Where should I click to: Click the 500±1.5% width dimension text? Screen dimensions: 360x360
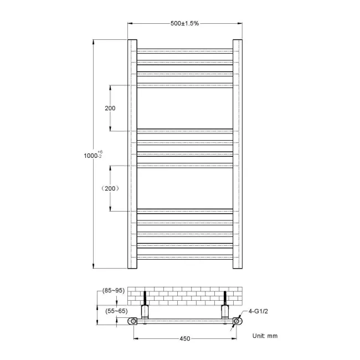click(x=185, y=23)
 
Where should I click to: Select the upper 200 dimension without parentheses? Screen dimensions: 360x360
click(x=110, y=108)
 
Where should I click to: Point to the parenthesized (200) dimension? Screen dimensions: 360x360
click(x=110, y=188)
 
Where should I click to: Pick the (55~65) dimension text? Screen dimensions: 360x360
click(x=115, y=312)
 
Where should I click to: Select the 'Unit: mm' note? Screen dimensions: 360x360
click(x=265, y=336)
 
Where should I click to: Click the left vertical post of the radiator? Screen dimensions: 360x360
click(x=132, y=153)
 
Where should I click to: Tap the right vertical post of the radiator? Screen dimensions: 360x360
click(x=238, y=153)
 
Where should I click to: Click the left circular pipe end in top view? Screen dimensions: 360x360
click(x=133, y=321)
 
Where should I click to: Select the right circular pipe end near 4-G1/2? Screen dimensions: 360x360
click(x=236, y=321)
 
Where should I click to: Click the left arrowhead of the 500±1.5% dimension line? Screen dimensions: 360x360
click(x=131, y=23)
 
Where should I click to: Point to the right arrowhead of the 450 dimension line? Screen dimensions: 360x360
click(x=234, y=338)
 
